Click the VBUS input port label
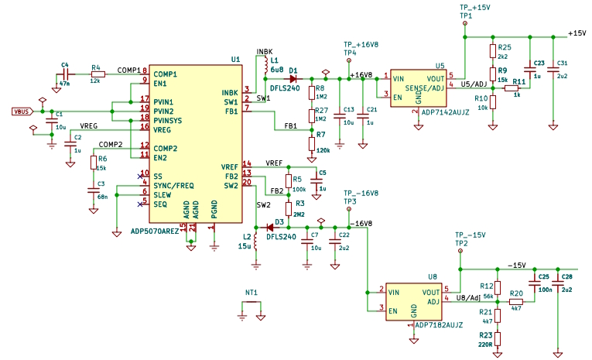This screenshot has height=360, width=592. coord(22,111)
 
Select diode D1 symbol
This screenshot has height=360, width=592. coord(293,79)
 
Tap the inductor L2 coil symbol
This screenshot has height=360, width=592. coord(256,242)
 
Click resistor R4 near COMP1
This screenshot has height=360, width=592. coord(98,74)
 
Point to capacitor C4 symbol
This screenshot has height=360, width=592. coord(65,74)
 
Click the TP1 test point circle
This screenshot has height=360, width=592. coord(465,23)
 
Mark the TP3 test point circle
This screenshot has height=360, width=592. coord(349,209)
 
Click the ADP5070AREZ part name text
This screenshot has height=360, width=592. coord(155,231)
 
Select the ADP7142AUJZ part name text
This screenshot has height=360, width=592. coord(445,112)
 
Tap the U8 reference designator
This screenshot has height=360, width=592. coord(433,276)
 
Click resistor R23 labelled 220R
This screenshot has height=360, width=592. coord(498,338)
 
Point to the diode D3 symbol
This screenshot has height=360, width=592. coord(270,228)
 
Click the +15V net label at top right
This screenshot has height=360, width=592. coord(577,33)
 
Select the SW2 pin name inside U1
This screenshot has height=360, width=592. coord(231,186)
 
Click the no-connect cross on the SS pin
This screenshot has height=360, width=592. coord(140,177)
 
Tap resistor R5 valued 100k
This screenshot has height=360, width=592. coord(289,181)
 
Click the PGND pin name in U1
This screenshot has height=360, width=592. coord(214,210)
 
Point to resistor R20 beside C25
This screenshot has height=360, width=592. coord(516,302)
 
